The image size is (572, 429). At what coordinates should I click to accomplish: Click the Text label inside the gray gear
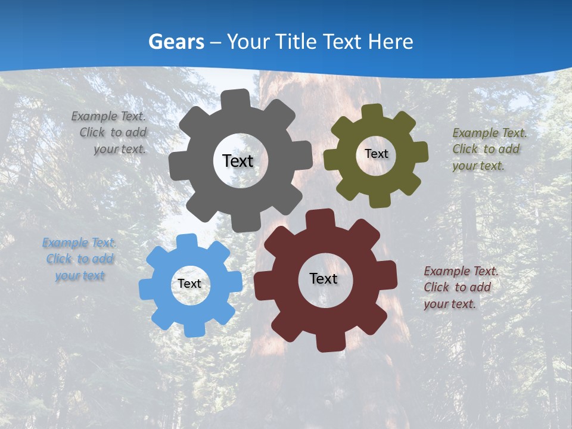238,161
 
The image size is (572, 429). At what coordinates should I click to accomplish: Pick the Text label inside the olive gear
376,154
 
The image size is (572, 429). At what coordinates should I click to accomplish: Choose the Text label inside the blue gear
189,284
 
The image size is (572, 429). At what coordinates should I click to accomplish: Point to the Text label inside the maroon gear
324,278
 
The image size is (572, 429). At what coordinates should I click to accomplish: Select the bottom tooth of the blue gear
192,329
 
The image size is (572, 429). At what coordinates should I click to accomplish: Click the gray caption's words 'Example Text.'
108,117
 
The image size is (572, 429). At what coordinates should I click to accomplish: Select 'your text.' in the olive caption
478,166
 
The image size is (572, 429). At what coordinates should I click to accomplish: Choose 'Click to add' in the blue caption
80,259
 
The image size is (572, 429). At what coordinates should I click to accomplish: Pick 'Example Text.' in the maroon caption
461,272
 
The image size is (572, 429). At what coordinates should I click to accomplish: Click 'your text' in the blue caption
80,276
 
